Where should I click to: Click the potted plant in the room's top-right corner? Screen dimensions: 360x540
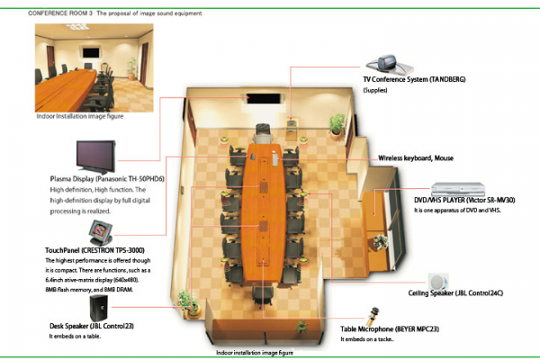point(337,122)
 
